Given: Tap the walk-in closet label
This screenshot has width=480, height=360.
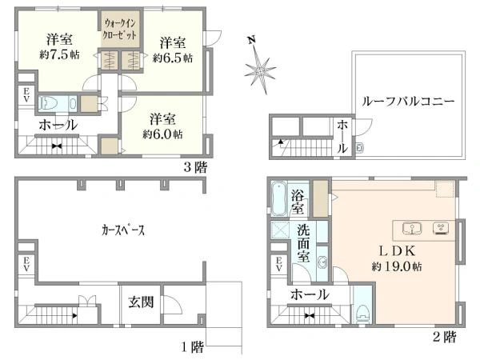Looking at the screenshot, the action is coord(120,29).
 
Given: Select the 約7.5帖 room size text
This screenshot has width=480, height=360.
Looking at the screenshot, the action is coord(59,54).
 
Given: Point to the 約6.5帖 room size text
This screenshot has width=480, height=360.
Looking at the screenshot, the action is coord(173,58).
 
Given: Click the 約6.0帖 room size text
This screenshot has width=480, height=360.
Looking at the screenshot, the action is coord(162,134).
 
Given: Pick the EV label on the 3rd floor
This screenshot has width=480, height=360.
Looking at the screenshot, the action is coord(26,94).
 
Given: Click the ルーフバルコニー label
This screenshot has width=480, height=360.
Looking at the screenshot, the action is coord(407,102).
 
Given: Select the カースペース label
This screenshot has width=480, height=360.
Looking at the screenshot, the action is coord(122,230).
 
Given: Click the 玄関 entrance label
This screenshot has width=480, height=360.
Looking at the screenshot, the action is coord(141,302).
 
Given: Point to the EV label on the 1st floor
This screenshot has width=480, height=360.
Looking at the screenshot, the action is coord(26,264).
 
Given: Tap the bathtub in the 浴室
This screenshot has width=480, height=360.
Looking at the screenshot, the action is coord(279,198).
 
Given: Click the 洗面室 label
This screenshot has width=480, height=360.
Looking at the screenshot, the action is coord(303,244).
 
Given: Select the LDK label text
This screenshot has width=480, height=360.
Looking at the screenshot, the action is coord(397,251).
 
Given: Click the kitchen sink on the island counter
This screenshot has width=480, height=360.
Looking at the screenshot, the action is coord(412,228).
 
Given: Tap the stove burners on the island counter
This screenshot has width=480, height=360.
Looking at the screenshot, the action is coord(441,228).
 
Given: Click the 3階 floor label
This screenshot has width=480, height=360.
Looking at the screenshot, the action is coord(195,167).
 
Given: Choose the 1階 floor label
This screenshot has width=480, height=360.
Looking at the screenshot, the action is coord(193,347).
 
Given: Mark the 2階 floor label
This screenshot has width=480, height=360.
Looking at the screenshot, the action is coord(445,337).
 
